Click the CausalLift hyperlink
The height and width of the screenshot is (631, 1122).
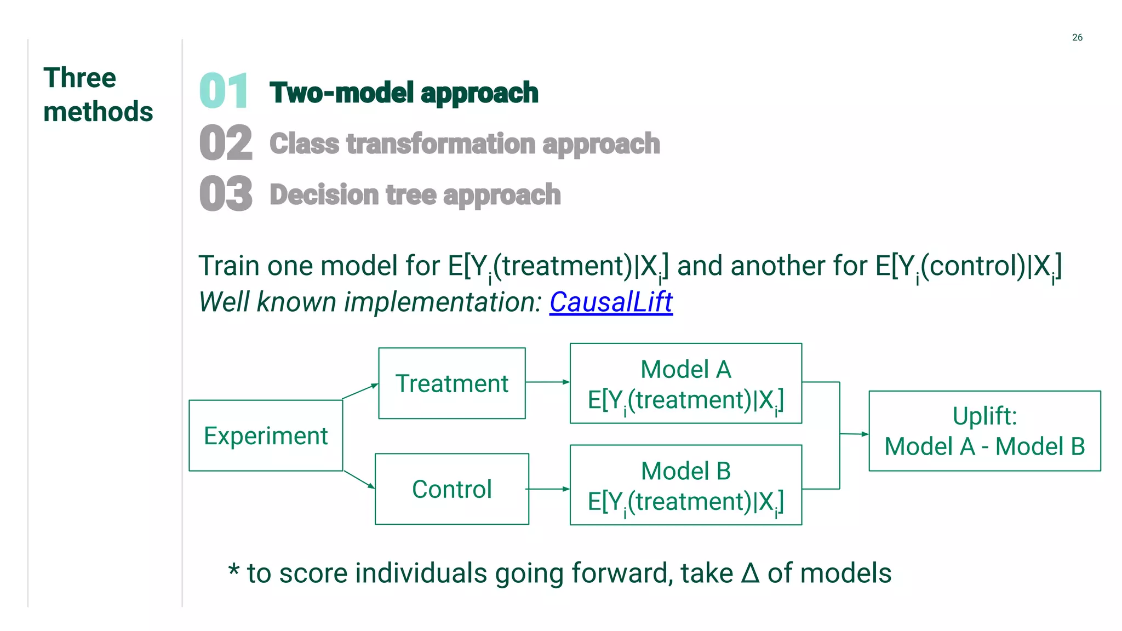610,302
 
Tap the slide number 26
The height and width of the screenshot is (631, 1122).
1077,37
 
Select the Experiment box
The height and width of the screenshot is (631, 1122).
266,435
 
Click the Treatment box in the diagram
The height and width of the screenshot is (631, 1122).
452,383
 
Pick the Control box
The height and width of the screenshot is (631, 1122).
452,489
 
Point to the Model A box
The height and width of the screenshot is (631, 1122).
686,383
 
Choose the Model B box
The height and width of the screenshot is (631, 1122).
686,485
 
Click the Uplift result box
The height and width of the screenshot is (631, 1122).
984,431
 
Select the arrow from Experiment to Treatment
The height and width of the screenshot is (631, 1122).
360,391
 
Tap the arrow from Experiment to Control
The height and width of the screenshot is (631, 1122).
359,479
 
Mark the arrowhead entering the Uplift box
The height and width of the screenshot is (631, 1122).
865,434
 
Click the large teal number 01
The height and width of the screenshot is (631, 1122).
224,91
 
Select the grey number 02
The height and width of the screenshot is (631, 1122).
226,143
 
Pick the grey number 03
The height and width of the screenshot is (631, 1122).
226,194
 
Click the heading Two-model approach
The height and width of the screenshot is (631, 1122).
404,93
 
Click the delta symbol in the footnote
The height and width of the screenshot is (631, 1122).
750,573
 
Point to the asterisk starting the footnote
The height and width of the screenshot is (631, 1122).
234,570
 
